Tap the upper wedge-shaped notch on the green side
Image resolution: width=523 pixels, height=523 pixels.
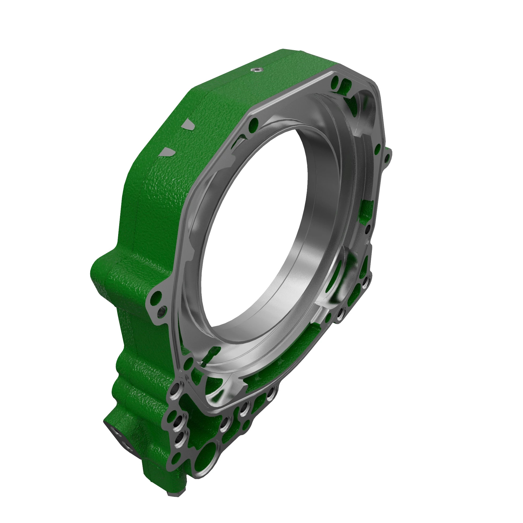tap(187, 125)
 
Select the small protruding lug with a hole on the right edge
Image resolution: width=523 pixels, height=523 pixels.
tap(387, 157)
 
